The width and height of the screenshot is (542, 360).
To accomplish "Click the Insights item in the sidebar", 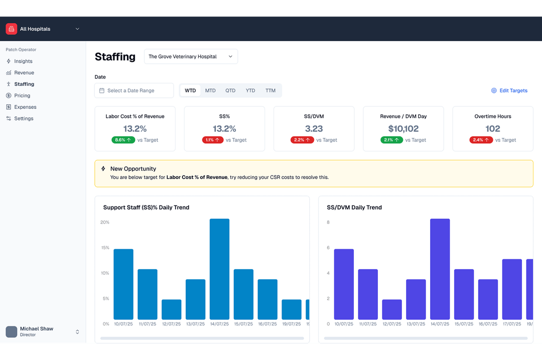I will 23,61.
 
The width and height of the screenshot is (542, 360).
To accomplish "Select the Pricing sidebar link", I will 22,95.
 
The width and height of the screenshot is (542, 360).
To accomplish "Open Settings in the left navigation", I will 24,118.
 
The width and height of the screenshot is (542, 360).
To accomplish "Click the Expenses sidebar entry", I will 25,107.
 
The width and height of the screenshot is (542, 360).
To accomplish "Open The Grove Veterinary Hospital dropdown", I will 191,57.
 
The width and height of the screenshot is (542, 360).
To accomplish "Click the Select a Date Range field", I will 134,91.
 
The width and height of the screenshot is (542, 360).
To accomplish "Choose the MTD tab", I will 210,91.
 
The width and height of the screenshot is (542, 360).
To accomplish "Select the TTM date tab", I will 270,91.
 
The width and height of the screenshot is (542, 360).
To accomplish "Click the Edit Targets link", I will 509,91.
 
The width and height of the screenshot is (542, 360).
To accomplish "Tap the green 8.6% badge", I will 123,140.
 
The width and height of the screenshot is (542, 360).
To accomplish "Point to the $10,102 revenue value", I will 403,128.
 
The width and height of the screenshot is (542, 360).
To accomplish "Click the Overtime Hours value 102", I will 492,128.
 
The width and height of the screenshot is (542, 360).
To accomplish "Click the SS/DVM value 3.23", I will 314,128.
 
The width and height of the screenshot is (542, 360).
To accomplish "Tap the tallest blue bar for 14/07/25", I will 219,269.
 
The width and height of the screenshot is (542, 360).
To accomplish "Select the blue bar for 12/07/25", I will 172,309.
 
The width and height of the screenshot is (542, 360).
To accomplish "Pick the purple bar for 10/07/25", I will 344,284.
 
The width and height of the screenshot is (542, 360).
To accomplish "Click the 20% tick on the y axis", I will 105,222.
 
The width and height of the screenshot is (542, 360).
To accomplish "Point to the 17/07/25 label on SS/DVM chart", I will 512,324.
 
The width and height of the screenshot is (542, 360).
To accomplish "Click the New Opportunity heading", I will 133,169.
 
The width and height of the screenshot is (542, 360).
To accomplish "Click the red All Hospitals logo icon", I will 12,29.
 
